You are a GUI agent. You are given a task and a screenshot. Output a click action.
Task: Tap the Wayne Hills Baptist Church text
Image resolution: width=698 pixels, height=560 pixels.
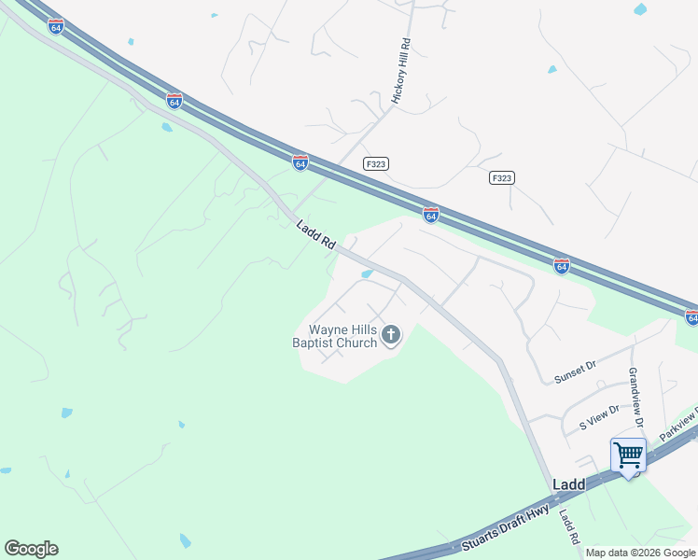(x=342, y=336)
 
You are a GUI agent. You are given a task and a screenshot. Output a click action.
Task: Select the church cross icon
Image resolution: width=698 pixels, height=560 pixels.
(x=392, y=334)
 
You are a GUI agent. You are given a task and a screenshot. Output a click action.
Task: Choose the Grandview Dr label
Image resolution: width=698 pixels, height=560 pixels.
(x=635, y=398)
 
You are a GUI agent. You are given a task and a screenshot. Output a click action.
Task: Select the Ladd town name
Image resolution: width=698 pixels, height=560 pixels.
(x=568, y=485)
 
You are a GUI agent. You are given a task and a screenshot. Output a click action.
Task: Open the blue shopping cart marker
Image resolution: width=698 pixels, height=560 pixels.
(x=629, y=455)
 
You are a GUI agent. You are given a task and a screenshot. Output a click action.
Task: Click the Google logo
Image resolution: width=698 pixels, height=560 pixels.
(x=31, y=549)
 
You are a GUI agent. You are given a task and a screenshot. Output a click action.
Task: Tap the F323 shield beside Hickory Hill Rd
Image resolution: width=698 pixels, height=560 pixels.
(x=376, y=163)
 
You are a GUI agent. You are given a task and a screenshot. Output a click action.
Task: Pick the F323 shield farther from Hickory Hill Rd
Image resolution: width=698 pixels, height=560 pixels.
(x=502, y=177)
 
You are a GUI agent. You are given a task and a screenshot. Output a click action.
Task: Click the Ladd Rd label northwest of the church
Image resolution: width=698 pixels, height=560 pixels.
(x=315, y=234)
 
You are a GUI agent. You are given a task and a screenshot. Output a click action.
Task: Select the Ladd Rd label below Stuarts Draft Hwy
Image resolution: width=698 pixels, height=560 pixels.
(x=568, y=527)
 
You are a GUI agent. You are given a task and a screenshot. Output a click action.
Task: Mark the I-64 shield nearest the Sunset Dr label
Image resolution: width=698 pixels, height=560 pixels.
(x=561, y=266)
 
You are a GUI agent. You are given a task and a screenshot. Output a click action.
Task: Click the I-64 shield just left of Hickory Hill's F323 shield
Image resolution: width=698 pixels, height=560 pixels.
(x=300, y=163)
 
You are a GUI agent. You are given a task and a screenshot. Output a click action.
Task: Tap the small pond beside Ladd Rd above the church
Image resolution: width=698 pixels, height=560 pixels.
(x=367, y=274)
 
